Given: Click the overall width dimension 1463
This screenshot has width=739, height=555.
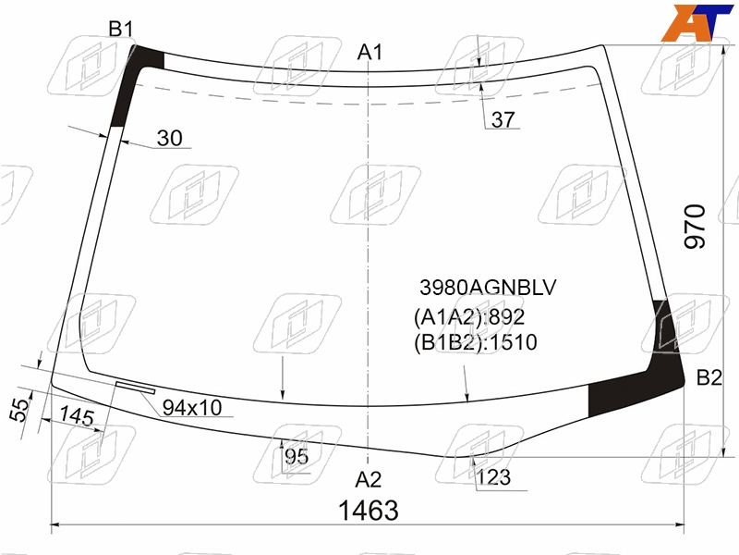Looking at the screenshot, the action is click(368, 511).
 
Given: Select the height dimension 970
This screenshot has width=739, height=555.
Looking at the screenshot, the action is click(695, 226).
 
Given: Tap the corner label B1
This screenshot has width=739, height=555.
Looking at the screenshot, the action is click(121, 29).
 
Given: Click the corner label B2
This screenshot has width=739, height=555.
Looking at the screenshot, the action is click(709, 377).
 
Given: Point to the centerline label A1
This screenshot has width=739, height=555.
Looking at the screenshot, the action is click(369, 52).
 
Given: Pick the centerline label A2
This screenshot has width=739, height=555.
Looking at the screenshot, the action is click(368, 479).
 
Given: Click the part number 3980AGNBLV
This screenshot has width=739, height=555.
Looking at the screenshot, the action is click(488, 288).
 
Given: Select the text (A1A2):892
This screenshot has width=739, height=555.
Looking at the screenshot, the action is click(469, 317).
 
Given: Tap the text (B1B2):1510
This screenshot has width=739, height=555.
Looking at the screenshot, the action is click(475, 342).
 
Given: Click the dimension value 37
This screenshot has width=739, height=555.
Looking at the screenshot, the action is click(503, 119).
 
